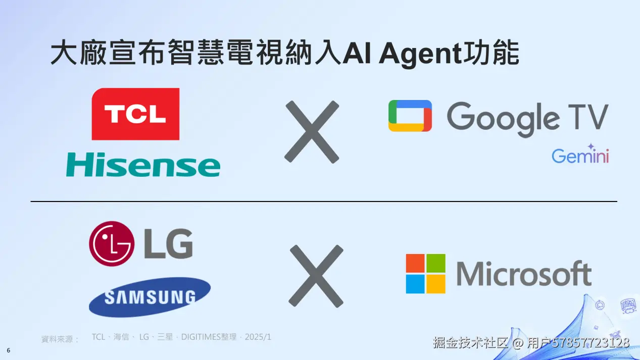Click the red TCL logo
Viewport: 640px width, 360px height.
click(x=135, y=114)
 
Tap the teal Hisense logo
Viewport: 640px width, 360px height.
click(x=143, y=165)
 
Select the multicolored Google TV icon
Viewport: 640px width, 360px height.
click(x=410, y=116)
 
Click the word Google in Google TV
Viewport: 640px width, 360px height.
click(x=502, y=118)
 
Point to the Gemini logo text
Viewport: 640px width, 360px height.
click(x=580, y=156)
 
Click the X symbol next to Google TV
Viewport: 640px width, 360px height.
click(x=312, y=132)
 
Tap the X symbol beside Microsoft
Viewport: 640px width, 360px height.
click(x=316, y=276)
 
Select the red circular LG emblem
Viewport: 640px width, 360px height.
click(x=111, y=243)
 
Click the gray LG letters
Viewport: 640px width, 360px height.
click(x=168, y=244)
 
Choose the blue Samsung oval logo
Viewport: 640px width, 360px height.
click(x=150, y=297)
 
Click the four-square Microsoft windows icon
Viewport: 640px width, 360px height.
click(x=425, y=274)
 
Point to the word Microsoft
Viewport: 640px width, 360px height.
click(x=524, y=274)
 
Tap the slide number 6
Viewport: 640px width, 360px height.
click(x=9, y=350)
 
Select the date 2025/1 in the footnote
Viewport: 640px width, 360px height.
click(x=258, y=337)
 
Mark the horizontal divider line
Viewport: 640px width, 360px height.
click(x=323, y=201)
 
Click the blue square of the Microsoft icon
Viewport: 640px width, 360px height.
click(x=415, y=284)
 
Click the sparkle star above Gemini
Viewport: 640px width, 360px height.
click(x=591, y=146)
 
